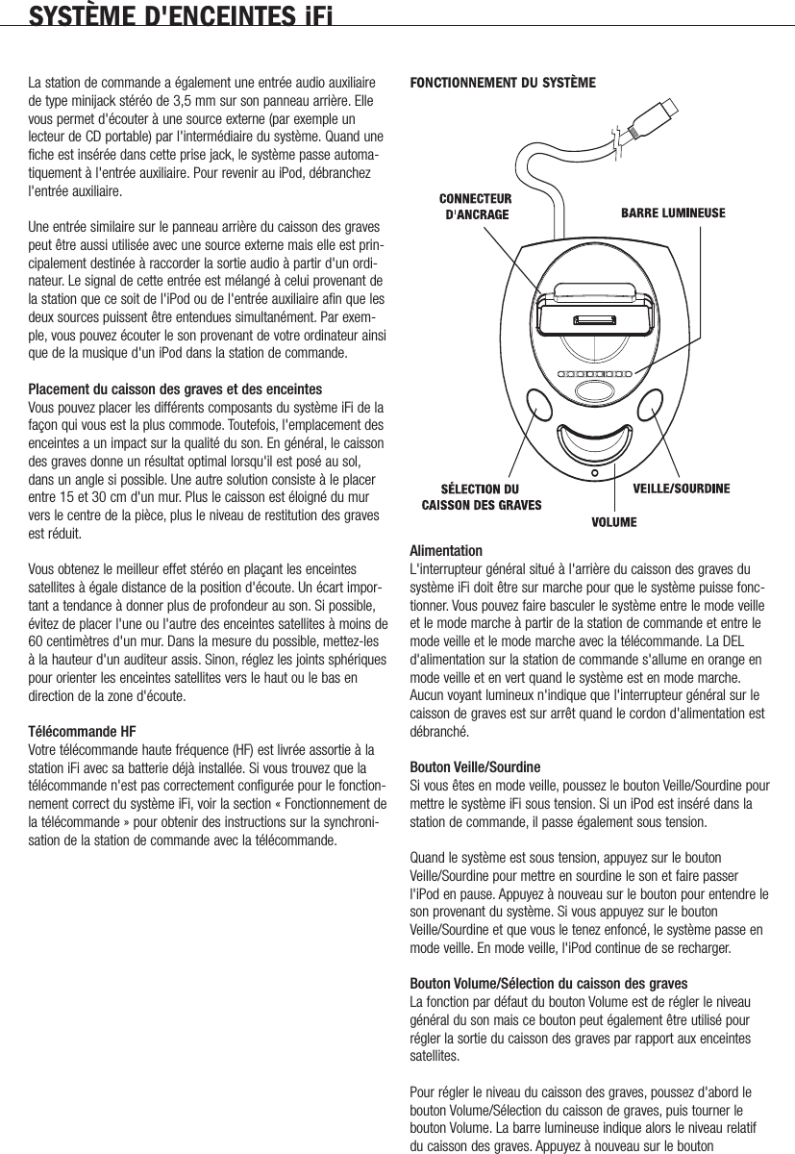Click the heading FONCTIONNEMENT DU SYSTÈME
(503, 83)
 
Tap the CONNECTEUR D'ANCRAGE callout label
(463, 207)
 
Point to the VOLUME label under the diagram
(614, 522)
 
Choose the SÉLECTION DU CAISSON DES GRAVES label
(482, 496)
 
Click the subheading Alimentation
(446, 551)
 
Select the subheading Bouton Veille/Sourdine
(475, 766)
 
